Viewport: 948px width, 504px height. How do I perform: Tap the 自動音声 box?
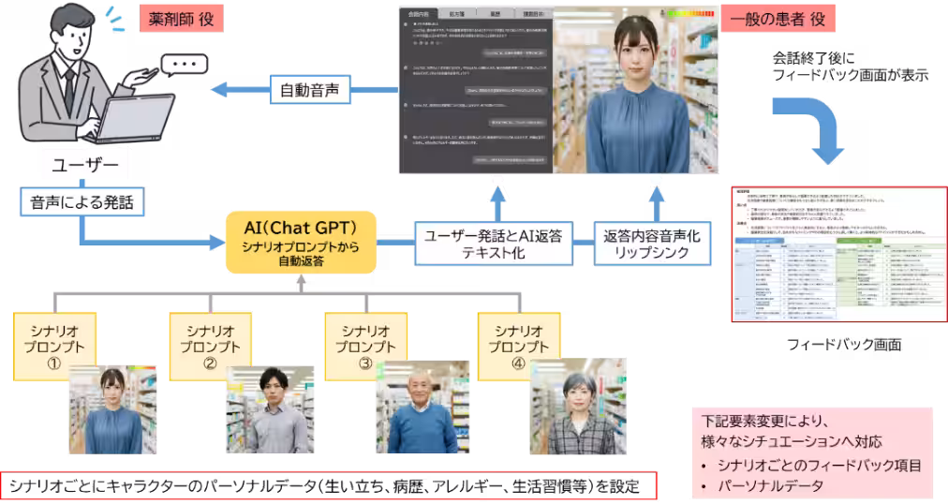[x=309, y=90]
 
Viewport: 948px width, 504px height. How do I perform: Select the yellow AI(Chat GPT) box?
[x=301, y=241]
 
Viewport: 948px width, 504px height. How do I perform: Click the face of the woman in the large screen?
[x=636, y=52]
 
